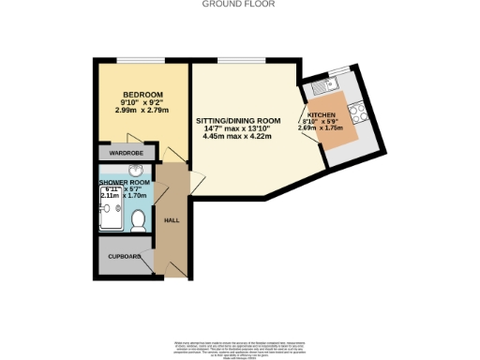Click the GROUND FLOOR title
click(x=240, y=5)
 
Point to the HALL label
click(x=172, y=220)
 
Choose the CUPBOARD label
click(x=124, y=255)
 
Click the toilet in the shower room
click(x=139, y=220)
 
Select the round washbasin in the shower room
click(x=136, y=172)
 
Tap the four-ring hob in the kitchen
click(x=358, y=116)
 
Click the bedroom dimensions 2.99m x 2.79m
click(x=142, y=111)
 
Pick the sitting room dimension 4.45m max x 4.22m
click(x=237, y=137)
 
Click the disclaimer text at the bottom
click(x=240, y=345)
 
